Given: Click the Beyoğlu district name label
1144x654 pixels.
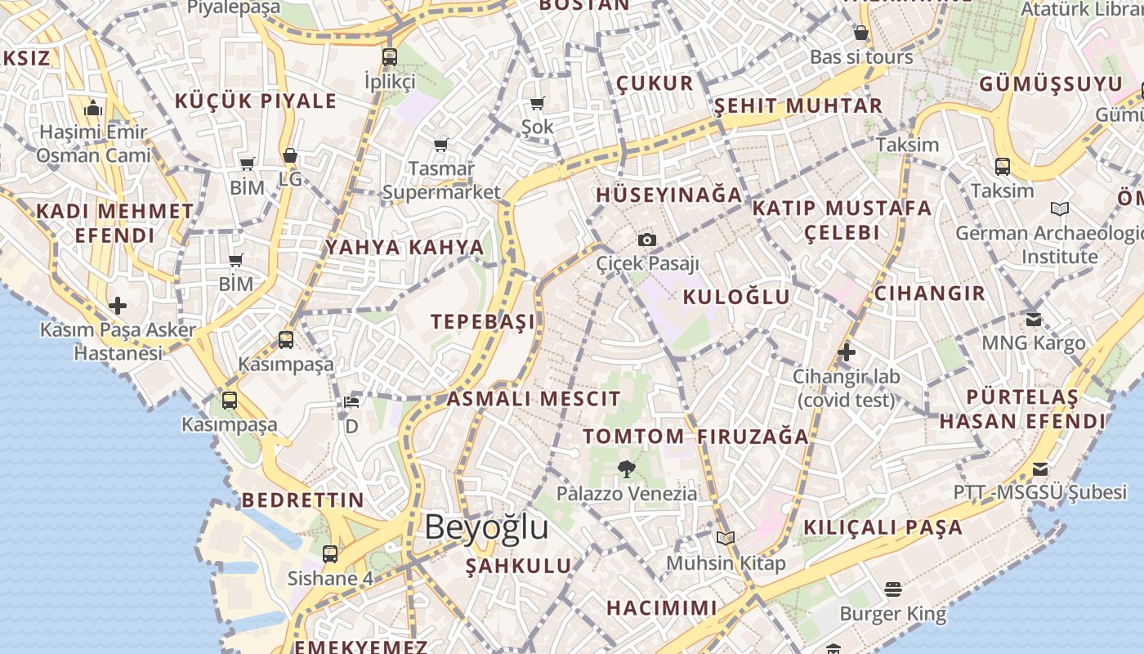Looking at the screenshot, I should (x=486, y=527).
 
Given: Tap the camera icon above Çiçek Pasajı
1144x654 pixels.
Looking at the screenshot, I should (x=647, y=240).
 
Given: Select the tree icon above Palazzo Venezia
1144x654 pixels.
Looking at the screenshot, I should (x=627, y=469).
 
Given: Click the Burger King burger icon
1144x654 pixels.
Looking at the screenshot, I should (x=892, y=589).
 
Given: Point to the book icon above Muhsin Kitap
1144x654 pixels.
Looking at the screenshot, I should (x=726, y=538).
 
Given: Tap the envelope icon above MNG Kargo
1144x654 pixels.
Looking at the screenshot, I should (x=1034, y=319).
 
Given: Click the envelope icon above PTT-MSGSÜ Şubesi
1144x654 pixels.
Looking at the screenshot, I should (x=1039, y=468).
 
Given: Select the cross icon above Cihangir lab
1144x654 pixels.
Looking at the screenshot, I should (x=847, y=352).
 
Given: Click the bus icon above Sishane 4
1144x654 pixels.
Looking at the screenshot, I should (x=330, y=553).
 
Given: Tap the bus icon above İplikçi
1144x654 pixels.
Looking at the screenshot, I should (x=390, y=57).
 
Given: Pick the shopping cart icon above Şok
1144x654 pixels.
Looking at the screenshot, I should (x=538, y=103).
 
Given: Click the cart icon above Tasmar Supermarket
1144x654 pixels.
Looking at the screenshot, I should (x=441, y=145).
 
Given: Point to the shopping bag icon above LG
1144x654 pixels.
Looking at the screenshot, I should (x=290, y=155).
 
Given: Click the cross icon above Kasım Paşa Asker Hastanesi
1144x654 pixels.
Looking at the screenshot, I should (x=118, y=306).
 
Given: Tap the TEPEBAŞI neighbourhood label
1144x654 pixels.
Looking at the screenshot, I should (x=484, y=321).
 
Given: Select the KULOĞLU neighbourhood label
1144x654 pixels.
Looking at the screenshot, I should (x=736, y=297).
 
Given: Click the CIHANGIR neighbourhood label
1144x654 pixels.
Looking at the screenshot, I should (x=930, y=293).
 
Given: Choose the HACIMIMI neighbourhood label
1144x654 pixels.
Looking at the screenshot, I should (x=662, y=607).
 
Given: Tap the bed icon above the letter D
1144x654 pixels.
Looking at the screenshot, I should (x=351, y=402).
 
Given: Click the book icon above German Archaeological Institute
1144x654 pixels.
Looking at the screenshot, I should (x=1060, y=209).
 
